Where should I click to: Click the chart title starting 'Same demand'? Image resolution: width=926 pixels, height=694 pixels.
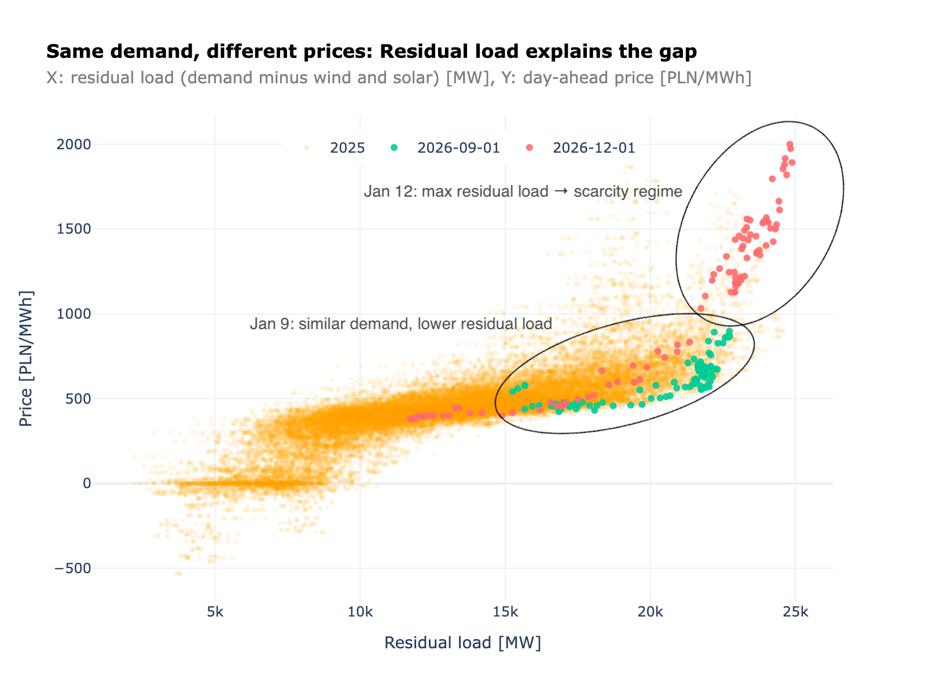tap(371, 52)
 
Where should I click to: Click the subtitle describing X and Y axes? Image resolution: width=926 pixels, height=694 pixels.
tap(398, 78)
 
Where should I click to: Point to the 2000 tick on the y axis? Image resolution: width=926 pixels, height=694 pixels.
tap(74, 144)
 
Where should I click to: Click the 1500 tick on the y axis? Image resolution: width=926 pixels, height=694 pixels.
tap(74, 229)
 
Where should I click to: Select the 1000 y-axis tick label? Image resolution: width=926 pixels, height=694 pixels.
tap(74, 314)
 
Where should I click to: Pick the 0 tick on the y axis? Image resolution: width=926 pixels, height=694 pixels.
tap(87, 483)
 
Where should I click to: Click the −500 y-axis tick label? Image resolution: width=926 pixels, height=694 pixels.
tap(72, 569)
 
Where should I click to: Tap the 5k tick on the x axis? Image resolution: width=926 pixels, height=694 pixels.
tap(215, 612)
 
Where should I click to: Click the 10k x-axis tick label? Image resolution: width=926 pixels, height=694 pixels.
tap(360, 612)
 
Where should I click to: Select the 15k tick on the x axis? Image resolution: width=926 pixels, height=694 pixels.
tap(505, 612)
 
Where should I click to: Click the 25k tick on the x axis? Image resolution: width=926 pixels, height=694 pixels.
tap(795, 612)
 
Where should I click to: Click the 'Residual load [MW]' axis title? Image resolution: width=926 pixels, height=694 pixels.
tap(462, 643)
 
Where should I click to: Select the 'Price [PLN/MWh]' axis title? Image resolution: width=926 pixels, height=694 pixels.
tap(26, 359)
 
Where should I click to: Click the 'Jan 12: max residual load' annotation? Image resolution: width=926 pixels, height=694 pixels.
tap(523, 191)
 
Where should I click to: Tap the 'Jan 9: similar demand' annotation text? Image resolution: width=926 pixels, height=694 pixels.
tap(400, 324)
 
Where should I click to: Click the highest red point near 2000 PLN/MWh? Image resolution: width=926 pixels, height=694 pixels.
tap(789, 144)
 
